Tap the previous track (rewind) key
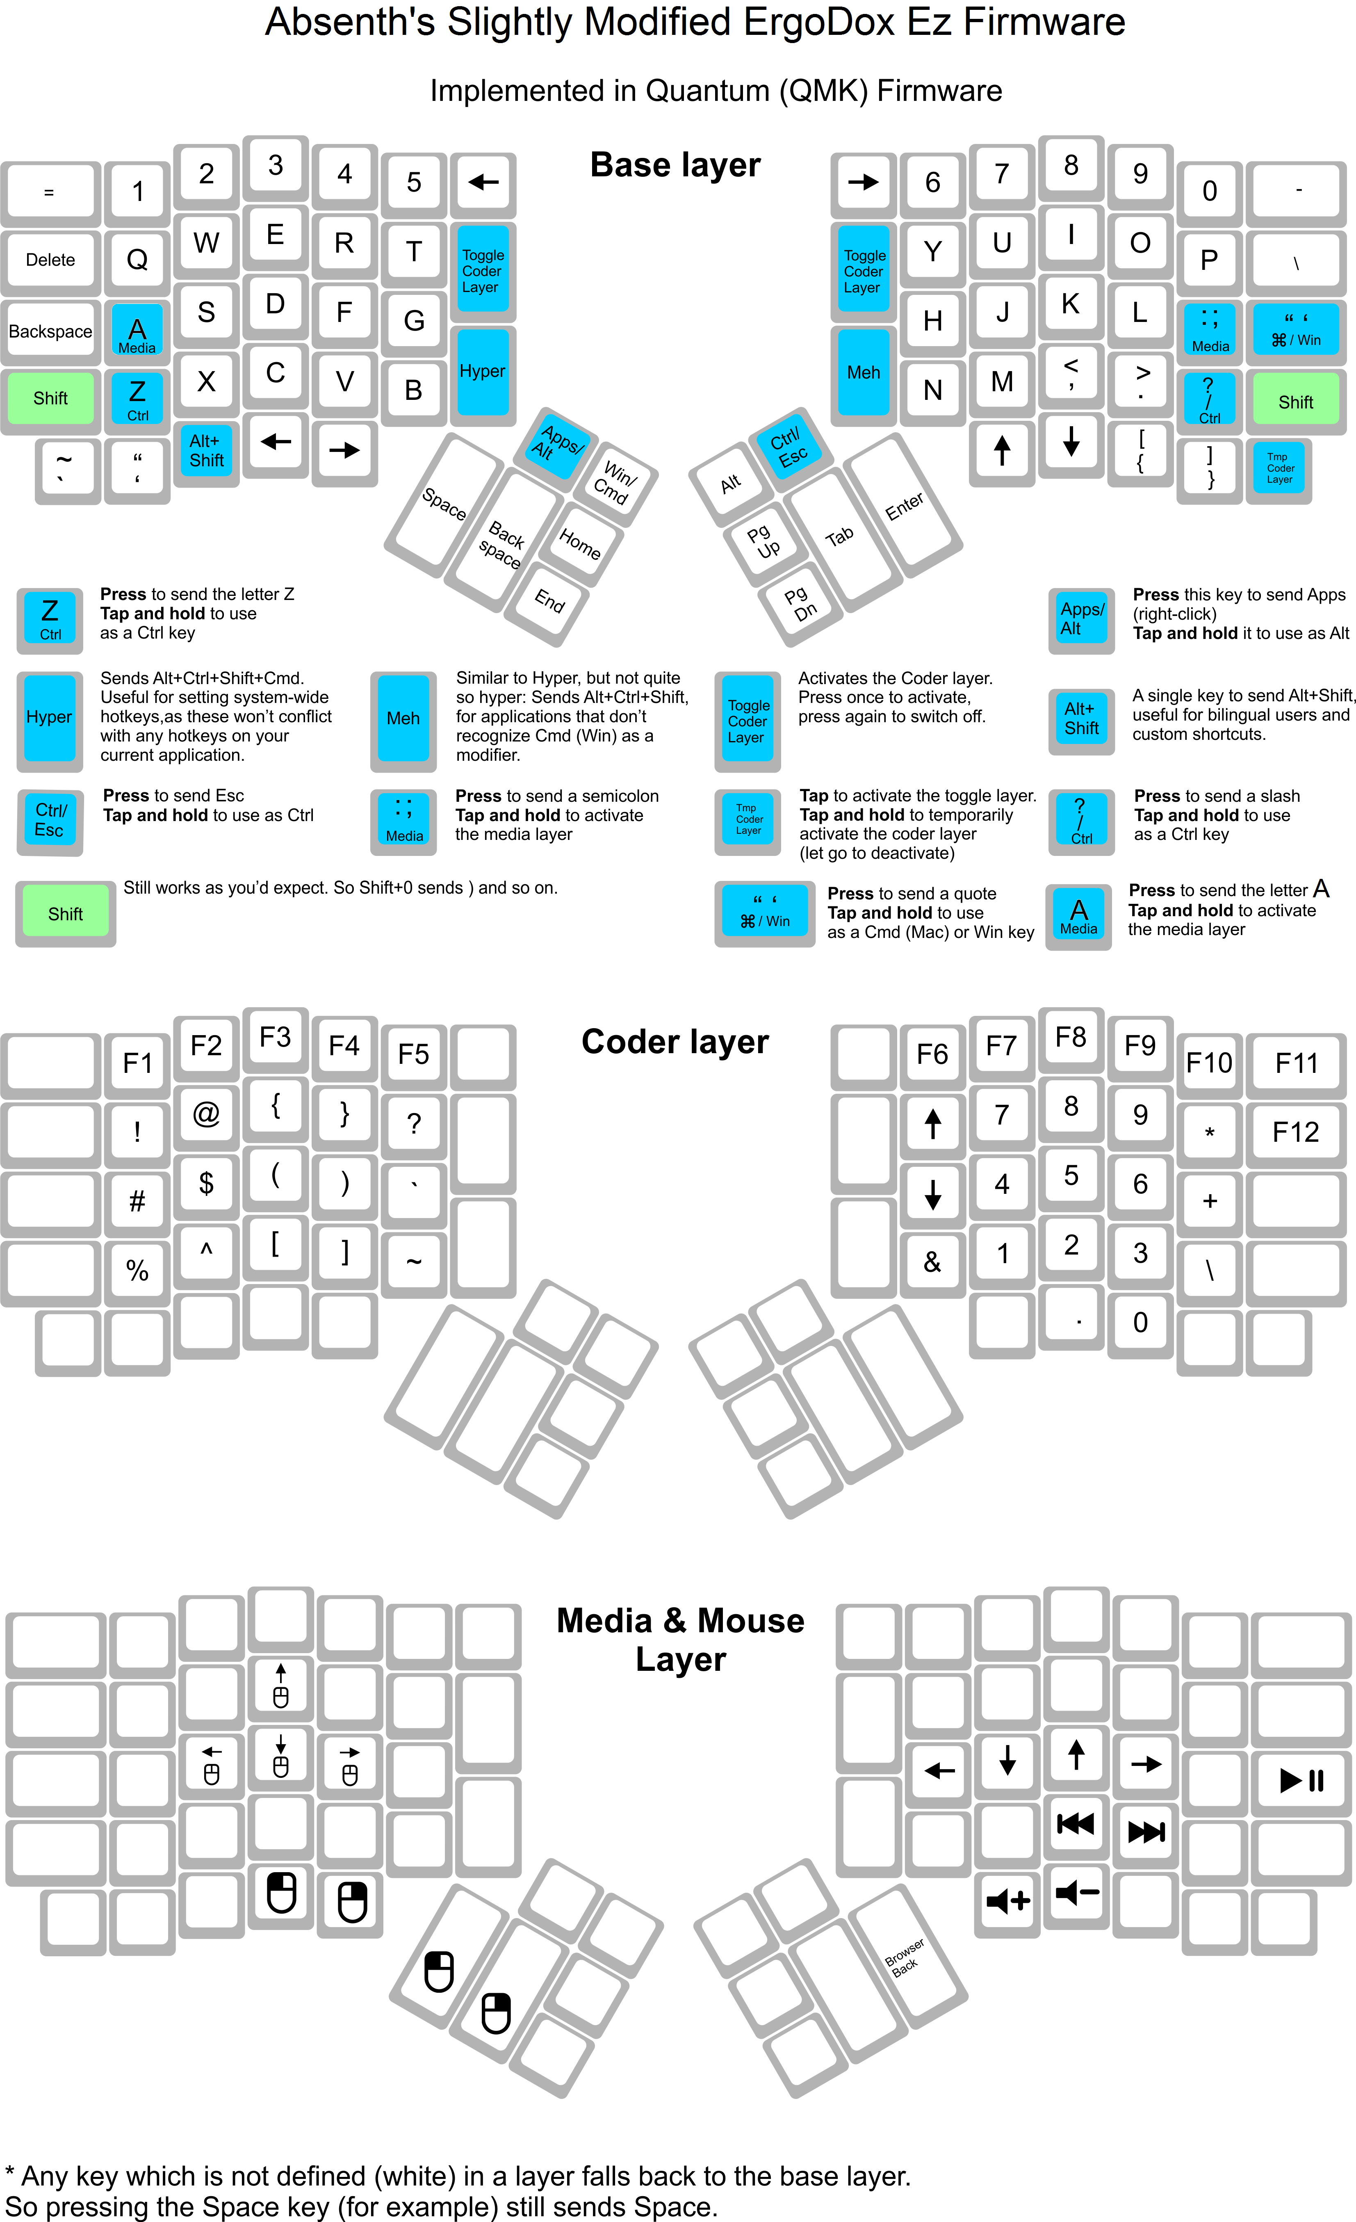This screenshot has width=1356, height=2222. pyautogui.click(x=1076, y=1823)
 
